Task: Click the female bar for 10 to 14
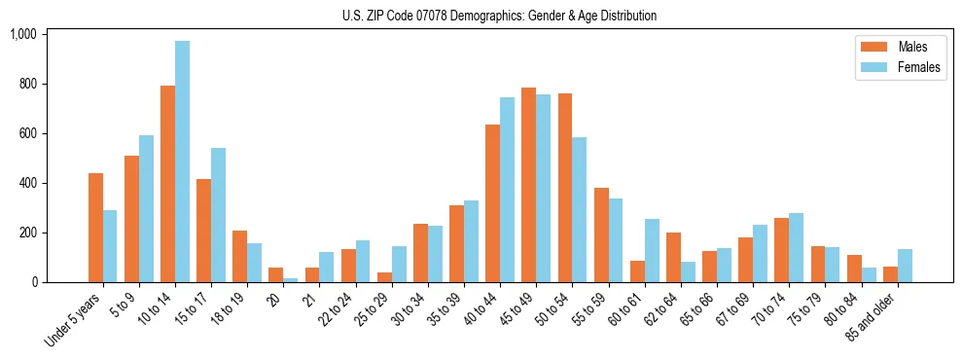(182, 162)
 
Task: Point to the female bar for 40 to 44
(507, 190)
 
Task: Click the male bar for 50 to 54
(564, 188)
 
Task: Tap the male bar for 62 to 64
(673, 257)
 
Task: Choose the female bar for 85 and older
(905, 266)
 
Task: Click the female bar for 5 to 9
(146, 209)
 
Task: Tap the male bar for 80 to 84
(853, 269)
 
